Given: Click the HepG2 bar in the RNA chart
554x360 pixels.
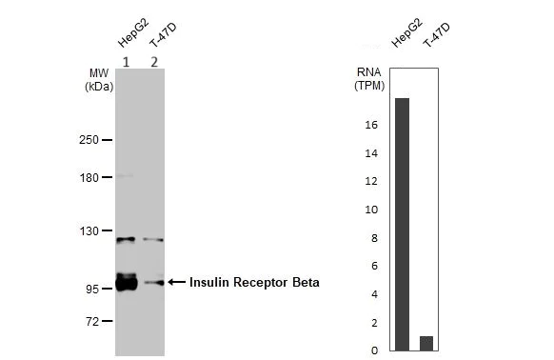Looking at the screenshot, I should click(x=402, y=224).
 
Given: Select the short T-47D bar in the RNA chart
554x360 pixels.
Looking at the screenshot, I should click(x=426, y=343).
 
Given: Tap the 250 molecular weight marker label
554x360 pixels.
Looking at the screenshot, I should click(x=89, y=140).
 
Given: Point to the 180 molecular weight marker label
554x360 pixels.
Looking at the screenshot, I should click(x=89, y=176).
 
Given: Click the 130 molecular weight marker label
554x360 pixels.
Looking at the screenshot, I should click(x=89, y=230).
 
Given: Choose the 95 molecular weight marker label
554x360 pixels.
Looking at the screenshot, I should click(x=91, y=289).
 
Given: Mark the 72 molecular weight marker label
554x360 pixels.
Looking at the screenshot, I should click(x=91, y=321).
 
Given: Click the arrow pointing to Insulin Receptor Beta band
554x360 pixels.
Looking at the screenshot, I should click(x=177, y=282).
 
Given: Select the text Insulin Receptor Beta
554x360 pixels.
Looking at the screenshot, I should click(x=254, y=282).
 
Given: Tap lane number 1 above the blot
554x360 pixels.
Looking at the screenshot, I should click(x=126, y=62).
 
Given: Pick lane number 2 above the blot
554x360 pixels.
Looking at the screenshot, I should click(x=152, y=62).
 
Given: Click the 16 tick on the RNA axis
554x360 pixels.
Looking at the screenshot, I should click(x=372, y=126).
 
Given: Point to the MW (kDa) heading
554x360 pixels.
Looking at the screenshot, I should click(x=99, y=79).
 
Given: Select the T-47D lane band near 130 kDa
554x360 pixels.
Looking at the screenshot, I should click(x=153, y=240).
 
